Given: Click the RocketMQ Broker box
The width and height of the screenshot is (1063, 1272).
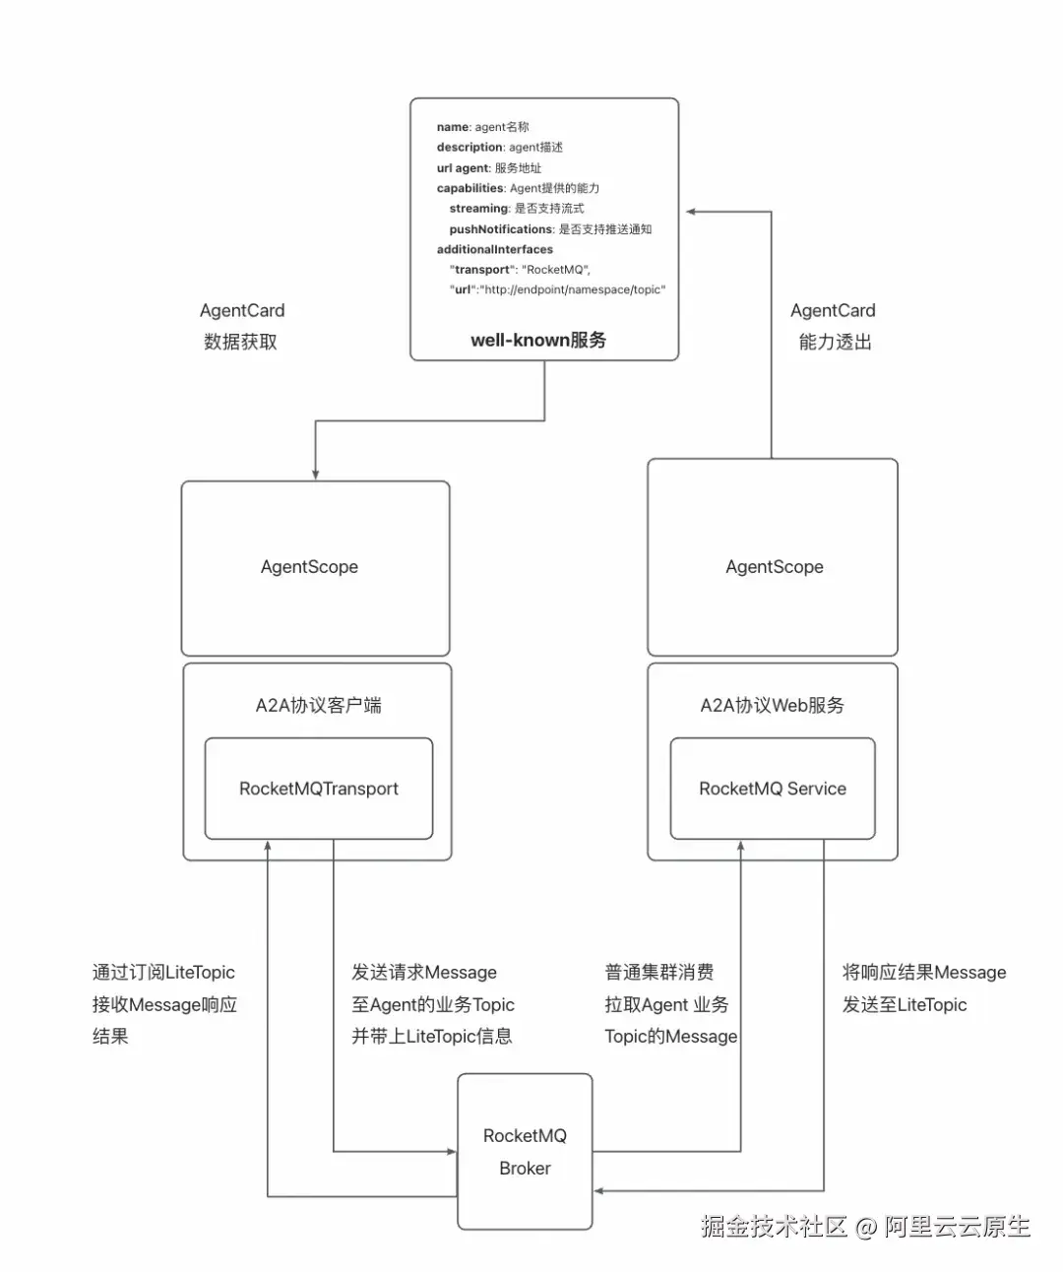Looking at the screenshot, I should (x=525, y=1151).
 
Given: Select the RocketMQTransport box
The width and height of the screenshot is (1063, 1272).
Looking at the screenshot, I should (x=318, y=789).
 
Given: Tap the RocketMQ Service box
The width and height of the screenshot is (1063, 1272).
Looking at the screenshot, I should (x=773, y=789).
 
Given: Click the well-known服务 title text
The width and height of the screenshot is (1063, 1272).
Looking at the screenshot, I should (x=538, y=340).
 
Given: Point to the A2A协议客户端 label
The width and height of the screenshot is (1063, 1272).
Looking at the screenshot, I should (x=318, y=705).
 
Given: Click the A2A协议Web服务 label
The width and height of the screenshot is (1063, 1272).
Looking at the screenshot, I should (x=773, y=705).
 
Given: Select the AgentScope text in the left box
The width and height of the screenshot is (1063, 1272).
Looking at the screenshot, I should (x=309, y=567).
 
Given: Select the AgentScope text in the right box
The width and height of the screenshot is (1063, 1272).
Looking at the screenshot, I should (x=775, y=567).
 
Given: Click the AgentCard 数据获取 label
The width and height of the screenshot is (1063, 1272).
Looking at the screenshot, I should (x=241, y=326).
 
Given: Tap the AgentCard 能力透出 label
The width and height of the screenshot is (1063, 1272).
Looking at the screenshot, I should (x=834, y=326).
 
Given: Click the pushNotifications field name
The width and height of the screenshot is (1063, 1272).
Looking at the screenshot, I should (x=501, y=229).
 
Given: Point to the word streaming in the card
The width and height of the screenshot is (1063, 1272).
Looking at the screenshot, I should (x=478, y=209).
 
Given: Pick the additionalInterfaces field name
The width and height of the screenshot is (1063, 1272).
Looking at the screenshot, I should (x=495, y=250).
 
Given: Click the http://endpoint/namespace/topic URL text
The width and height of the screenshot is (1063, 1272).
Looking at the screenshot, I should (x=574, y=290).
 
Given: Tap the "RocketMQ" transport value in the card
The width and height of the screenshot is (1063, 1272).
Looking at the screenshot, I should (x=555, y=270).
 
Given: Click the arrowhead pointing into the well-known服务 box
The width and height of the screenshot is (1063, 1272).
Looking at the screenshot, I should (x=692, y=212).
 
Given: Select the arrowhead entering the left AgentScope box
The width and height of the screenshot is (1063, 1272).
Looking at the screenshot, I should (x=315, y=475).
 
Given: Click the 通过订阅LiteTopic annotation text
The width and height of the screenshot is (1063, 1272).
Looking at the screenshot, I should (x=163, y=973).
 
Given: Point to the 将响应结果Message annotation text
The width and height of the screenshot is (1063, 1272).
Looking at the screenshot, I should (x=924, y=973).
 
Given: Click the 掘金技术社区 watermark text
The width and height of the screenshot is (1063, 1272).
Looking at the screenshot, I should (x=775, y=1227).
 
